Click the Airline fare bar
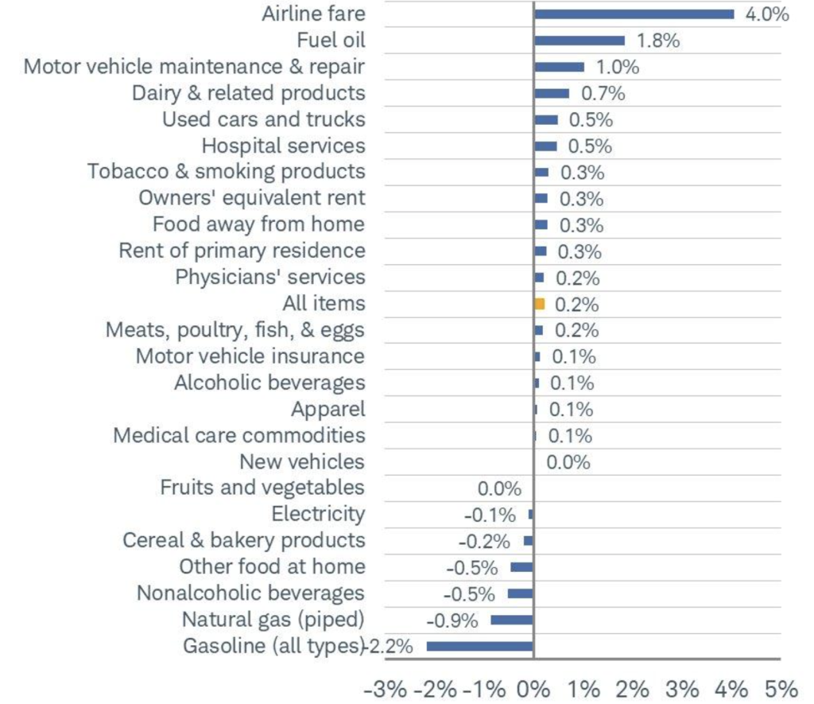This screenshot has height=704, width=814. pos(634,14)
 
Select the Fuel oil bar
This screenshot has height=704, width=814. pos(579,41)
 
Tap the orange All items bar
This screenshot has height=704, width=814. pos(540,304)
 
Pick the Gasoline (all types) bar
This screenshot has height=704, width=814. pos(479,646)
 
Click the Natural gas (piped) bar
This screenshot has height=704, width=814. pos(512,620)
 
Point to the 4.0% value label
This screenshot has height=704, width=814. pos(766,14)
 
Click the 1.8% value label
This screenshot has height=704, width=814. pos(658,41)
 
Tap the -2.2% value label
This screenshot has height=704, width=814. pos(389,646)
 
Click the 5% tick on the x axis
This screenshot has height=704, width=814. pos(781,686)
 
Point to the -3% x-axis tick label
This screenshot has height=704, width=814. pos(386,686)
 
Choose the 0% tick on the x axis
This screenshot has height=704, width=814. pos(534,686)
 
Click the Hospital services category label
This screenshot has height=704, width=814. pos(283,146)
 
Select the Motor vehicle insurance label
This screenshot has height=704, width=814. pos(250,356)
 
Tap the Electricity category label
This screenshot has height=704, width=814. pos(318,514)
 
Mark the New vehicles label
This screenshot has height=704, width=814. pos(302,461)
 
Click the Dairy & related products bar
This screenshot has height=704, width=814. pos(552,93)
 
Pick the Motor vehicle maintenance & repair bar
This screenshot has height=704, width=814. pos(559,67)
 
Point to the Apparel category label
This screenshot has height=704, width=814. pos(328,409)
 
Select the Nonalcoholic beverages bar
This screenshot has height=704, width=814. pos(521,593)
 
